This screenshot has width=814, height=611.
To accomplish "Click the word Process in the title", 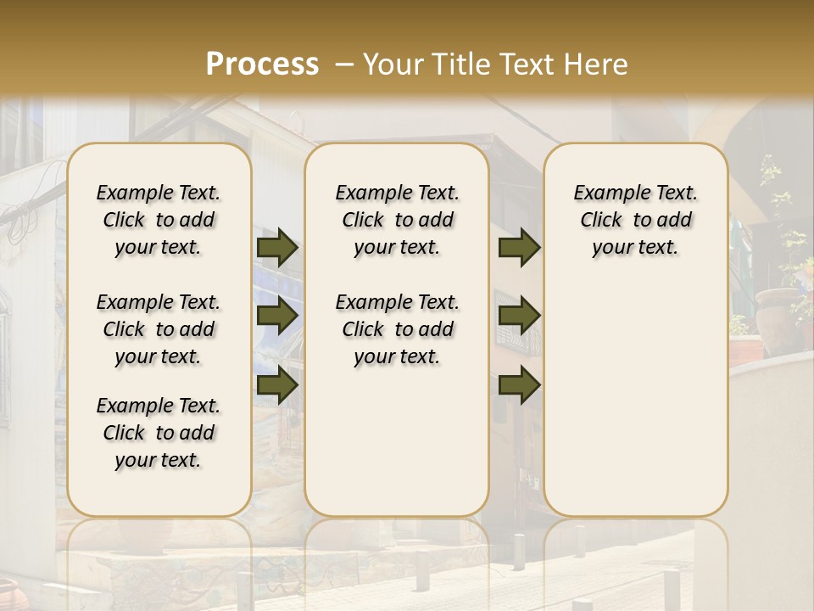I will (262, 64).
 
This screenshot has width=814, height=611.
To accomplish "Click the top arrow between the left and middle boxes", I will (277, 247).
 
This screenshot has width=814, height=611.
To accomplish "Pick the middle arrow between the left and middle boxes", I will (277, 316).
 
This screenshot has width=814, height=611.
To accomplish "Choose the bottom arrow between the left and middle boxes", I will (277, 385).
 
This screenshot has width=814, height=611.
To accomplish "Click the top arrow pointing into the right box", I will (519, 247).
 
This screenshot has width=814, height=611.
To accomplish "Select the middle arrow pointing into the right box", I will (519, 316).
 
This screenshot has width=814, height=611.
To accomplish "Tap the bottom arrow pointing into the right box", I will (519, 385).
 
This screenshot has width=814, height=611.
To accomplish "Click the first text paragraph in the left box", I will (159, 220).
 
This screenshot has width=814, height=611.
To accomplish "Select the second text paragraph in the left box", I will (159, 329).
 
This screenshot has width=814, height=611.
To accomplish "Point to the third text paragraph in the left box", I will (159, 433).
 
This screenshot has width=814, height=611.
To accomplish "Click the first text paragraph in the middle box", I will (398, 220).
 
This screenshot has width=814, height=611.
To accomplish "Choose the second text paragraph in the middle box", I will (398, 329).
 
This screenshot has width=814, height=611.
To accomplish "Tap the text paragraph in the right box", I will (636, 220).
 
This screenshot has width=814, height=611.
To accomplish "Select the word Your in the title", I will (390, 64).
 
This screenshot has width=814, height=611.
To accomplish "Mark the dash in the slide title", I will (343, 64).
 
